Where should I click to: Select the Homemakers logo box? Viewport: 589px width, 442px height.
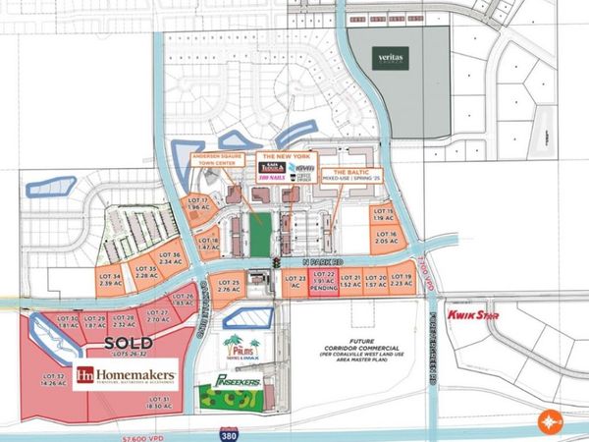click(x=128, y=373)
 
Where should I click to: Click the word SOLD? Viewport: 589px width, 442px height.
click(x=128, y=342)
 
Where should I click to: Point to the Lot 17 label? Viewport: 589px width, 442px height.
click(x=197, y=203)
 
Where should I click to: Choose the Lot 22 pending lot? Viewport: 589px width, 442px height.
click(x=325, y=282)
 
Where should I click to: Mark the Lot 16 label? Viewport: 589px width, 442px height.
click(x=384, y=237)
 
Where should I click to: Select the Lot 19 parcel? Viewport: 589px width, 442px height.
click(x=402, y=281)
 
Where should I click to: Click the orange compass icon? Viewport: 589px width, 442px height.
click(x=549, y=423)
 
